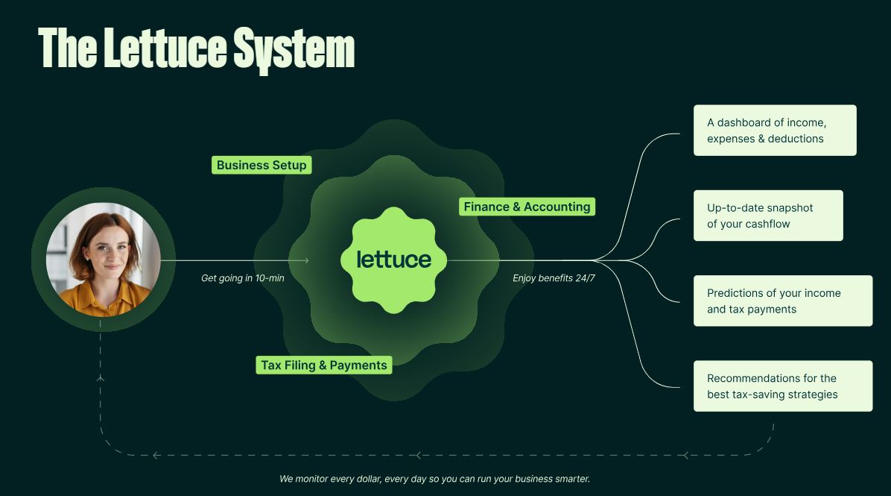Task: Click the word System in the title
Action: [x=294, y=49]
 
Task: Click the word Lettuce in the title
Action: [x=165, y=48]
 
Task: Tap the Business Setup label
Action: [x=261, y=165]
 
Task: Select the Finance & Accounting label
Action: [x=527, y=207]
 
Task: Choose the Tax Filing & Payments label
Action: [x=324, y=365]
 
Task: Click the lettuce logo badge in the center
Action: [x=394, y=260]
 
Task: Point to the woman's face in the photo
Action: [x=107, y=250]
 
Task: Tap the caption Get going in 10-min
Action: [x=243, y=278]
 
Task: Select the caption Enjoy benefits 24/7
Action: [x=554, y=278]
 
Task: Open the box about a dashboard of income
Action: [x=775, y=131]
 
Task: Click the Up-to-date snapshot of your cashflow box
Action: [x=768, y=216]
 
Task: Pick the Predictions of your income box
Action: [x=783, y=301]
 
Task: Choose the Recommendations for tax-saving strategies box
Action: [x=783, y=386]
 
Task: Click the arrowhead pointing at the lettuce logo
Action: [x=305, y=260]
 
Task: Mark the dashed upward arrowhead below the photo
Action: [x=101, y=377]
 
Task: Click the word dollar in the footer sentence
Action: [x=369, y=479]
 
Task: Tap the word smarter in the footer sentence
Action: [x=572, y=479]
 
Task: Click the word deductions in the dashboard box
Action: [x=796, y=139]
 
